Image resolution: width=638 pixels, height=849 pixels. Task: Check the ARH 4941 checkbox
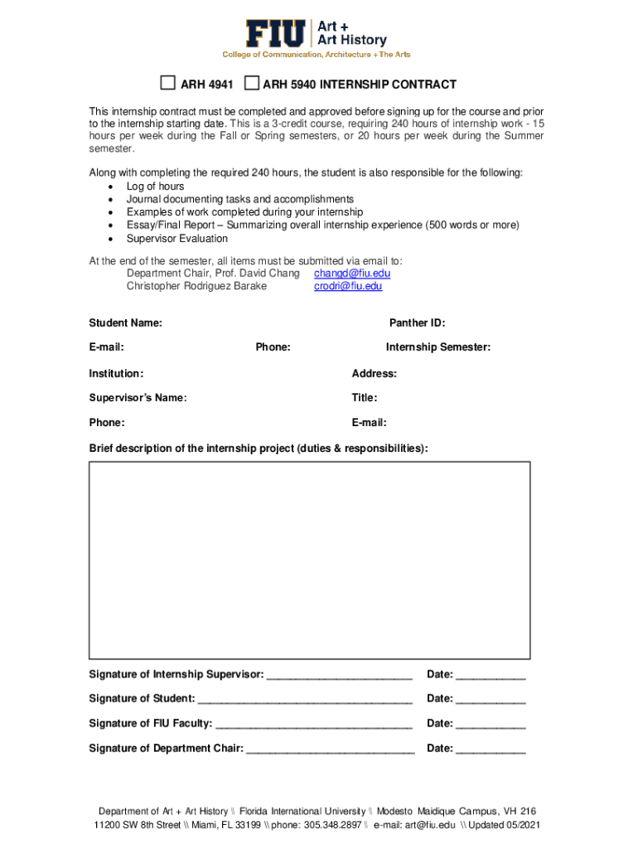coord(168,83)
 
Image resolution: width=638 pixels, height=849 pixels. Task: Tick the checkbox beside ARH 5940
coord(252,83)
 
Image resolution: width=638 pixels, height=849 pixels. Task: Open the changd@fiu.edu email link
coord(352,273)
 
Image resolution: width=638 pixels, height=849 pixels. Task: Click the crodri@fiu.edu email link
coord(348,286)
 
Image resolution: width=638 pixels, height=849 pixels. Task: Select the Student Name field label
coord(126,323)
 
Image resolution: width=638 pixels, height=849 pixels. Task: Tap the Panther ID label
coord(417,323)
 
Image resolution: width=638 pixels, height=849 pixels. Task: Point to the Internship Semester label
coord(437,347)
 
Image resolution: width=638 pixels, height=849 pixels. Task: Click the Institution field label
coord(116,374)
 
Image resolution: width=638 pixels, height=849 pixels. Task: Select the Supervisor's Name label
coord(138,398)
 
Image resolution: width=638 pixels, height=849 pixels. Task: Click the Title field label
coord(365,398)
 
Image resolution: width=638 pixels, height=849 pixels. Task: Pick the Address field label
coord(375,374)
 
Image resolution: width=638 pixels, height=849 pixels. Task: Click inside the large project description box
coord(309,560)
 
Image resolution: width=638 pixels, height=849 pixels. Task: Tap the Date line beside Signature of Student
coord(491,700)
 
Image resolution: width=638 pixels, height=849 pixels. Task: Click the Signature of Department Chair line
coord(331,750)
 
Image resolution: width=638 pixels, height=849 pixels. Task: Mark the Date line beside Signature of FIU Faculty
coord(491,725)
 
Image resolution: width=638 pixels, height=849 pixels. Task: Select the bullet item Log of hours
coord(155,187)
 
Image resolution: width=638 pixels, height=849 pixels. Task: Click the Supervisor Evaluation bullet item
coord(176,239)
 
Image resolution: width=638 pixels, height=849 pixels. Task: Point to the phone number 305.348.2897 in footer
coord(331,826)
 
